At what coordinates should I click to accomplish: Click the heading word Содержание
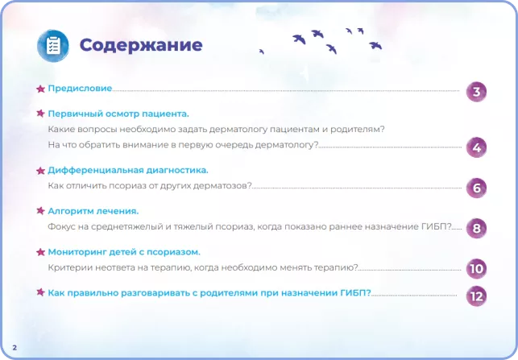coord(140,44)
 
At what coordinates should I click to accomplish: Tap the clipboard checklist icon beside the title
coord(53,45)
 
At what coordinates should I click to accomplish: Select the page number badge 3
coord(476,91)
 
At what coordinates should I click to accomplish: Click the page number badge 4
coord(476,147)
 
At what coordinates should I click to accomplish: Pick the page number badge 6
coord(476,188)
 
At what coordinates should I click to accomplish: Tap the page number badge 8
coord(476,229)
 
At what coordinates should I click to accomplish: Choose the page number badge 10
coord(476,269)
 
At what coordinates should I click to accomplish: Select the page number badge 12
coord(476,296)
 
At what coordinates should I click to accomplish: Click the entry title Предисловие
coord(80,88)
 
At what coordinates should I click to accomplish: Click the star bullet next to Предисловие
coord(40,88)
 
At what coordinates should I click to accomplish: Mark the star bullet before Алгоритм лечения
coord(40,210)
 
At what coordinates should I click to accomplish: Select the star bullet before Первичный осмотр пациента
coord(40,114)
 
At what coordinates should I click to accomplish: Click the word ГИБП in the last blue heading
coord(353,292)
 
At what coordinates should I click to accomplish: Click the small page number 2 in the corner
coord(15,347)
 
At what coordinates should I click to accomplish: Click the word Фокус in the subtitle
coord(62,226)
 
